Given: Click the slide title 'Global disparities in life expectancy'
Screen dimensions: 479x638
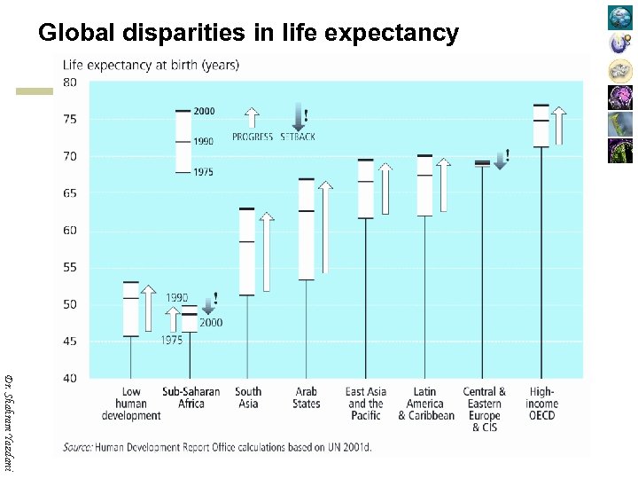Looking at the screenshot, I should tap(248, 34).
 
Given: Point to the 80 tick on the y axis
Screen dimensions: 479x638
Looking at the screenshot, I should tap(68, 82).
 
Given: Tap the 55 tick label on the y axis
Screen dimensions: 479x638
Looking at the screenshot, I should tap(68, 267).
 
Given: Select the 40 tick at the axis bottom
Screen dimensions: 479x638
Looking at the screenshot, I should tap(68, 379).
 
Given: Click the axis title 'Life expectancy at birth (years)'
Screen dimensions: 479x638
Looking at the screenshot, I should tap(150, 64).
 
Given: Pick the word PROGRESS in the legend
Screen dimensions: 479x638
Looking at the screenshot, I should tap(253, 137).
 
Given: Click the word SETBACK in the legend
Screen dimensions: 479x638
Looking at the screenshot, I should tap(298, 137).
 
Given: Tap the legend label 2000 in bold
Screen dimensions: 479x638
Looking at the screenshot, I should tap(204, 111).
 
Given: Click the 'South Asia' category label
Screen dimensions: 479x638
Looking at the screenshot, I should tap(248, 397).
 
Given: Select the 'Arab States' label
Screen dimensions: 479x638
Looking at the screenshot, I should tap(307, 397).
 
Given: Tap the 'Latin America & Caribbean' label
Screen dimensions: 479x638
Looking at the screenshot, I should tap(425, 404).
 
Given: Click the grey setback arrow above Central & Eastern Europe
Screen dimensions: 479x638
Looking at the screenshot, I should tap(501, 160).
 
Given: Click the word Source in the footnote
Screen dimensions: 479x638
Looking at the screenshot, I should tap(79, 448).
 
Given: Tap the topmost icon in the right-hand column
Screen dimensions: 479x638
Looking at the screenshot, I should tap(620, 17).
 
